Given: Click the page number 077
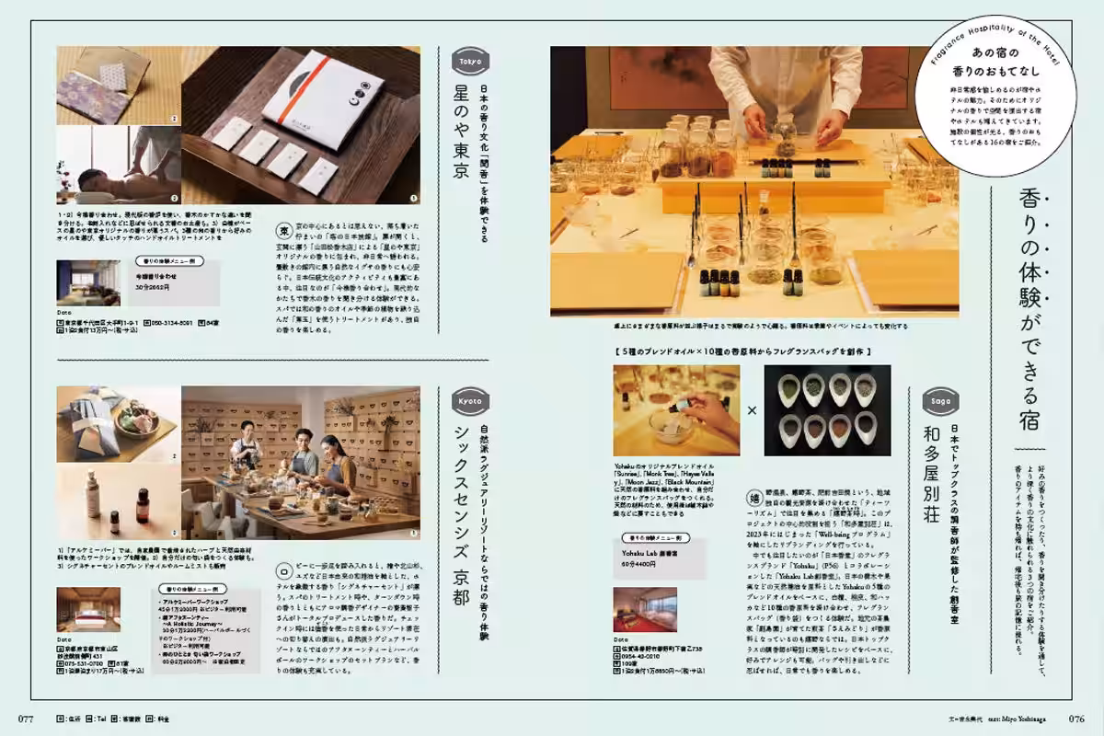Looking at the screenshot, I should click(26, 719).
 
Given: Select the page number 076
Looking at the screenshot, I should click(1077, 719).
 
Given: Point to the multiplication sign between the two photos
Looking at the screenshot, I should click(752, 410).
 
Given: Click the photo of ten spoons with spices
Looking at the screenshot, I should click(827, 410).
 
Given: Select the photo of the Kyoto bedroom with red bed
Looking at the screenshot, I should click(87, 608).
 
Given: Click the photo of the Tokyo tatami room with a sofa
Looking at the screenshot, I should click(88, 283).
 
